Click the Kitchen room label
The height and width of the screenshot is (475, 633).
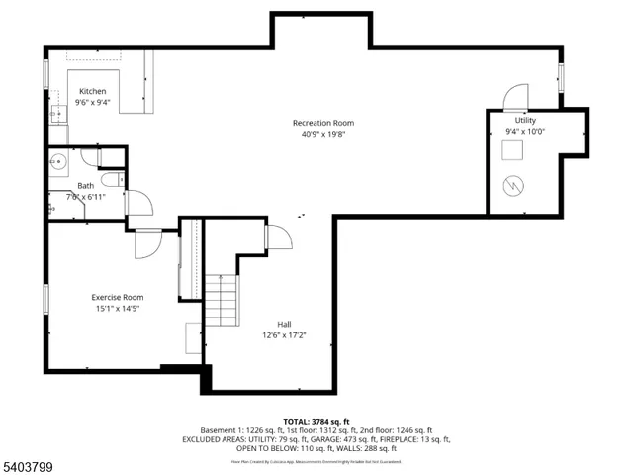coord(93,91)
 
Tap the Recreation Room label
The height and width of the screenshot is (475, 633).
coord(322,123)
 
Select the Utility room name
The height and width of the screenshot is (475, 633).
coord(525,120)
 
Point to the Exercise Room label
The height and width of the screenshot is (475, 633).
coord(118,297)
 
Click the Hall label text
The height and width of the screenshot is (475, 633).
coord(284,324)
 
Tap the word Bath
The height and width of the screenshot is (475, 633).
coord(86,186)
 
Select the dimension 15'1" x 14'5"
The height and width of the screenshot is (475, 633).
coord(118,309)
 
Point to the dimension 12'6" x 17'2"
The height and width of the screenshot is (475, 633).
coord(284,335)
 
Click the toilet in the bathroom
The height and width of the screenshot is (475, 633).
coord(113,178)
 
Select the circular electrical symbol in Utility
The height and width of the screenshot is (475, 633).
coord(515,185)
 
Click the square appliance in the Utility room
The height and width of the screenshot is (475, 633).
coord(514,149)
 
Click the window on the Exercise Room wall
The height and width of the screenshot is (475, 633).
coord(45,301)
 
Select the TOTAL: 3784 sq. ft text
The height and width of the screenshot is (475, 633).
coord(316,421)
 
